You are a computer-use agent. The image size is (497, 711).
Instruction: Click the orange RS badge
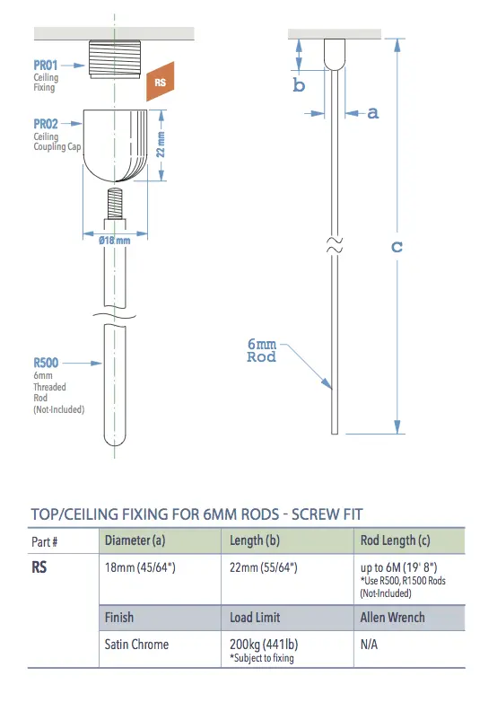161,83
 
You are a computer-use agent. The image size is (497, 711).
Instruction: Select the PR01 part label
47,66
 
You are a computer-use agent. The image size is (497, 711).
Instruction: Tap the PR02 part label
47,124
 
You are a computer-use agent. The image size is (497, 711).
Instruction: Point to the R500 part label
47,364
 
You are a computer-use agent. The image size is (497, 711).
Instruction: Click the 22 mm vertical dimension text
161,145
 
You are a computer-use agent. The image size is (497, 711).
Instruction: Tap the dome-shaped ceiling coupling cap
113,144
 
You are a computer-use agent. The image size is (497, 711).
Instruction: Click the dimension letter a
373,112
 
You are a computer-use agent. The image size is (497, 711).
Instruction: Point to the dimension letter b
300,85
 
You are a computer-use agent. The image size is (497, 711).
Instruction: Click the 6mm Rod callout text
261,350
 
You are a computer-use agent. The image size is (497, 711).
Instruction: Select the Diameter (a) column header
135,540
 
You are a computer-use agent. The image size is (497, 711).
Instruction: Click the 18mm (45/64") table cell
141,567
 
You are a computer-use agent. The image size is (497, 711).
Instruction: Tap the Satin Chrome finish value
136,644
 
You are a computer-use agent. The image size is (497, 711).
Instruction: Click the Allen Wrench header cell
392,618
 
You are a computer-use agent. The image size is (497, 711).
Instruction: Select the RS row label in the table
39,568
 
